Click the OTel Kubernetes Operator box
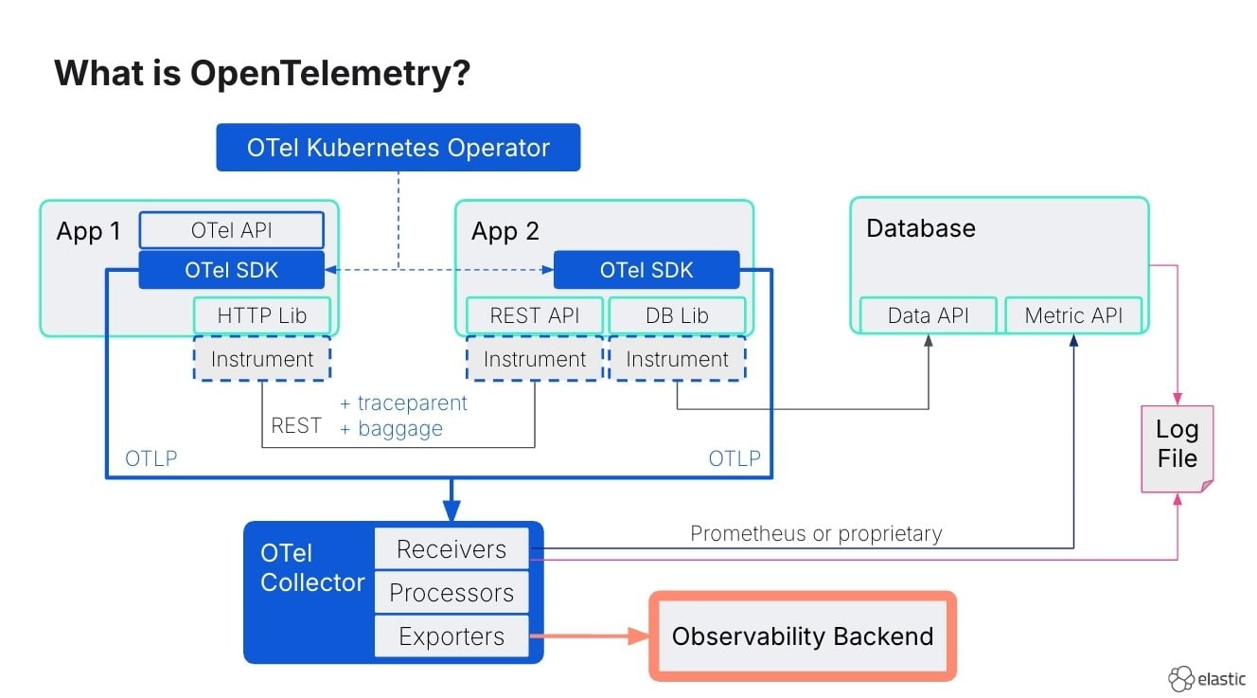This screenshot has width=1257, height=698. (398, 148)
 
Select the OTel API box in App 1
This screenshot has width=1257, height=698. (232, 230)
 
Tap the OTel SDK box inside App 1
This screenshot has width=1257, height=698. (232, 270)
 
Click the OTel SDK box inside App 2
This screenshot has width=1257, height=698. (646, 270)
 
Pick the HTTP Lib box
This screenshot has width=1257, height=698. (262, 315)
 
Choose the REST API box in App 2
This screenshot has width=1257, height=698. (534, 315)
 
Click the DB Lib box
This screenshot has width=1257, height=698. (677, 315)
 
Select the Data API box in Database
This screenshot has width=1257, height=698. (928, 315)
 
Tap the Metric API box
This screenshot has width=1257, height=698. (1073, 315)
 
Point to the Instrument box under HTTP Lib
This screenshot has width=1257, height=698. (262, 359)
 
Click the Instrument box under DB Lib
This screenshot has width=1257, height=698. (677, 359)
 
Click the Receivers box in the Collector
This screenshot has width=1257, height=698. (451, 549)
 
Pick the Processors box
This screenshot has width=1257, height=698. (451, 593)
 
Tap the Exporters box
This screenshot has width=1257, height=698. (451, 636)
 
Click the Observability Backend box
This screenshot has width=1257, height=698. (802, 636)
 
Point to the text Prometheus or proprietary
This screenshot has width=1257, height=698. (816, 533)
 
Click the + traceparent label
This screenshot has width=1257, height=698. (403, 403)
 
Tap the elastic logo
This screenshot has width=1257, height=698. (1206, 679)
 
